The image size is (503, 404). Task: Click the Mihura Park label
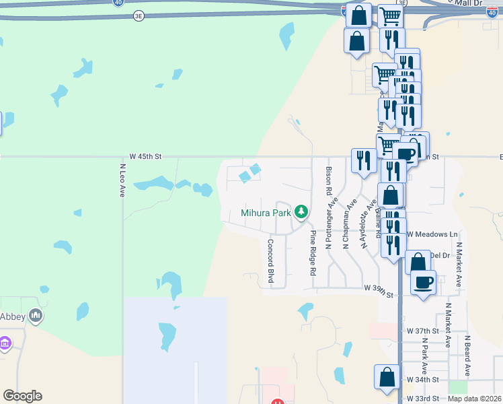pos(266,213)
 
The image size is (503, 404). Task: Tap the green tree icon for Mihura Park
pos(301,213)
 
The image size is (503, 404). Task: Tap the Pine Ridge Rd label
pos(313,252)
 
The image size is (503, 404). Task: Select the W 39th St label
pos(378,289)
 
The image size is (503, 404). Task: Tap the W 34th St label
pos(422,380)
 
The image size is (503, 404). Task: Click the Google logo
pos(23,396)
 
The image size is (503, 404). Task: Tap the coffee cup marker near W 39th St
pos(423,281)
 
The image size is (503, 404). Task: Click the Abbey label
pos(13,316)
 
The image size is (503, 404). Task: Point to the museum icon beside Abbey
pos(36,315)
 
